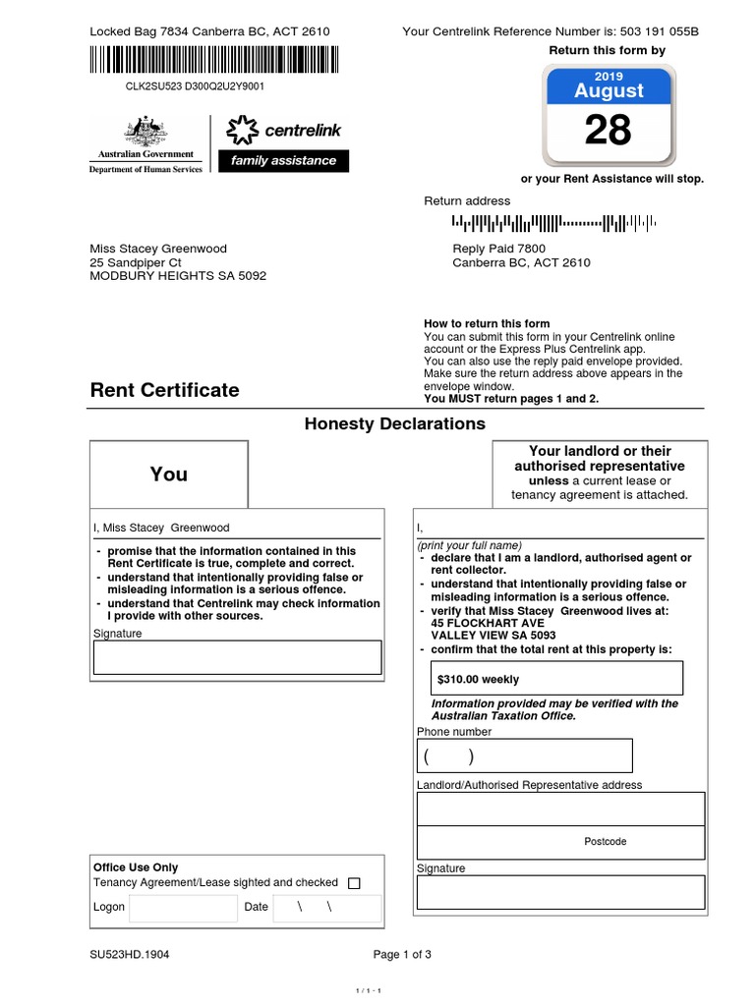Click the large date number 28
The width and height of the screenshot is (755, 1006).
(608, 130)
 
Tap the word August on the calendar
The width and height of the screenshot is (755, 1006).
(609, 91)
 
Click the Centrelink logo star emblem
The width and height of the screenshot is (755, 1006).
(242, 130)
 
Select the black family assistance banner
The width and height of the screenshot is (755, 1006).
(283, 161)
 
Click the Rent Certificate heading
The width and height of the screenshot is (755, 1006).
(164, 390)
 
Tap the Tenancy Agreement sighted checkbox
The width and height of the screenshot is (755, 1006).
(355, 883)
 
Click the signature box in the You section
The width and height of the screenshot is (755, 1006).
(237, 657)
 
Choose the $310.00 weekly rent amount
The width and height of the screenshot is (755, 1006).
(479, 679)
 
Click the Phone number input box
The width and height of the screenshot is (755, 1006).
(524, 756)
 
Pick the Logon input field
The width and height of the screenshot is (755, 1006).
(183, 908)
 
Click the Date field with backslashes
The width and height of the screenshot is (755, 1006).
(325, 908)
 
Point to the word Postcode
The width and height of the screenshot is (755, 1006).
(605, 842)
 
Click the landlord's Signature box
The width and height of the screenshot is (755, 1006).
(560, 892)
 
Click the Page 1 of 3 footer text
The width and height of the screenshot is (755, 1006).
(402, 954)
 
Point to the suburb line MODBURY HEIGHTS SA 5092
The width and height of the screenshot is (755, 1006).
(178, 276)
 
